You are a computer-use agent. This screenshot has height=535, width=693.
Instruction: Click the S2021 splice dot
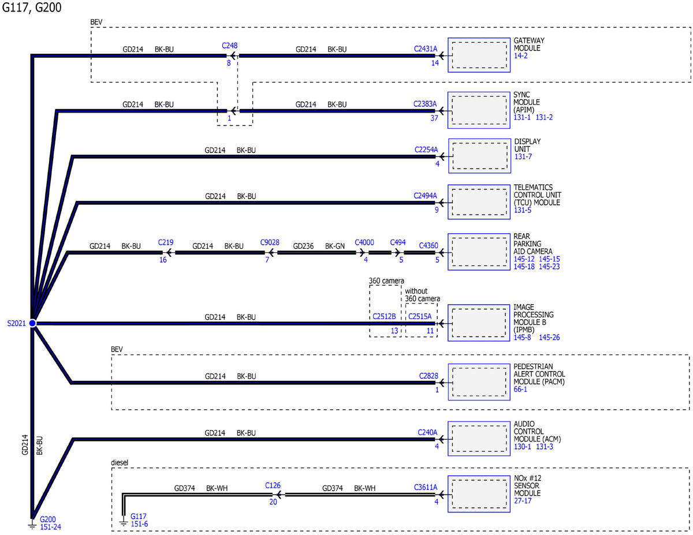pyautogui.click(x=32, y=323)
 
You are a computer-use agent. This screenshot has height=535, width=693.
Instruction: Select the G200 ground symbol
pyautogui.click(x=32, y=525)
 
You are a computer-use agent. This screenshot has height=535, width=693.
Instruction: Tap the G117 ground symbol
pyautogui.click(x=124, y=522)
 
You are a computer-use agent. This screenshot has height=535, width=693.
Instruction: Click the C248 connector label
pyautogui.click(x=230, y=46)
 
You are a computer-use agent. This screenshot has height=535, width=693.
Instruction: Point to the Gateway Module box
pyautogui.click(x=479, y=55)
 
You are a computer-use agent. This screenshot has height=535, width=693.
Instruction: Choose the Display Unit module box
pyautogui.click(x=479, y=156)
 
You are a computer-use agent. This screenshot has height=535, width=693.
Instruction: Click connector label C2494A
pyautogui.click(x=425, y=196)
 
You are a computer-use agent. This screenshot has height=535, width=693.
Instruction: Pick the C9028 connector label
pyautogui.click(x=270, y=242)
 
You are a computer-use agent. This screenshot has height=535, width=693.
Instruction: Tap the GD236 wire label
pyautogui.click(x=303, y=246)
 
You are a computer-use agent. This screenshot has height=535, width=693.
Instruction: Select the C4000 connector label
pyautogui.click(x=364, y=242)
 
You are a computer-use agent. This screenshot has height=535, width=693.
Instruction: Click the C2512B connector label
pyautogui.click(x=384, y=316)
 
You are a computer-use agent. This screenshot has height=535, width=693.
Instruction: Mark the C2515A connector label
pyautogui.click(x=420, y=316)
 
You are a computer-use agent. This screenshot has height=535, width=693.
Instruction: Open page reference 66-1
pyautogui.click(x=520, y=389)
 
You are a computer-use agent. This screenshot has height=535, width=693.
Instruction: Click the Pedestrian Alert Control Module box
pyautogui.click(x=479, y=381)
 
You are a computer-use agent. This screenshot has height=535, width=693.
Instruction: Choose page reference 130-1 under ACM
pyautogui.click(x=522, y=447)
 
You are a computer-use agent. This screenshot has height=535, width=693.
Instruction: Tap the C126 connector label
pyautogui.click(x=273, y=485)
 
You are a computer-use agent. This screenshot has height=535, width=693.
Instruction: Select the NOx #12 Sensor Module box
pyautogui.click(x=479, y=494)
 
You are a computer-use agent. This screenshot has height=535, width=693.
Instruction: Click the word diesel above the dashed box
pyautogui.click(x=120, y=462)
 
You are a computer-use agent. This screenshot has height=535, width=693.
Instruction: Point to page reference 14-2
pyautogui.click(x=520, y=56)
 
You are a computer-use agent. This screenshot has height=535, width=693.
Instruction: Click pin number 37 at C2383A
pyautogui.click(x=434, y=118)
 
